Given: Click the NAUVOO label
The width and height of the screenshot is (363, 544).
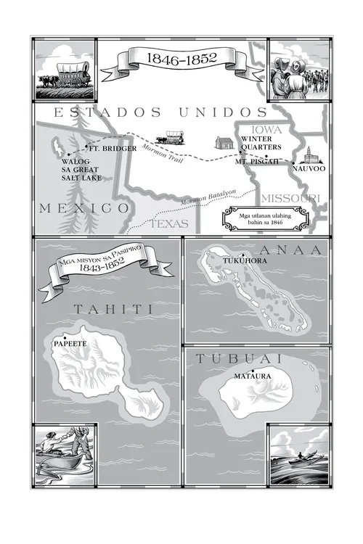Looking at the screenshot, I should click(x=309, y=169).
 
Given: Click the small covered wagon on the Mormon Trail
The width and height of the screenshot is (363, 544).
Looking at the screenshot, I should click(x=175, y=136).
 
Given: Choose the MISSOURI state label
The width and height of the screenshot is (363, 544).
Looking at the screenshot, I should click(x=290, y=198).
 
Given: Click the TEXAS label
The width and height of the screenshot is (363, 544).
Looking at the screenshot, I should click(x=170, y=224).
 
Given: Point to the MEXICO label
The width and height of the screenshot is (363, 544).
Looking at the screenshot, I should click(x=85, y=207).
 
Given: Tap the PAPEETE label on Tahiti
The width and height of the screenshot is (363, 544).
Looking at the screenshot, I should click(x=70, y=345).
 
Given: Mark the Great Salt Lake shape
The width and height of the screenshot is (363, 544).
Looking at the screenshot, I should click(x=57, y=147).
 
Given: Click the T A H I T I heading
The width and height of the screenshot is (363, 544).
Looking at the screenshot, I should click(x=113, y=310).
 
